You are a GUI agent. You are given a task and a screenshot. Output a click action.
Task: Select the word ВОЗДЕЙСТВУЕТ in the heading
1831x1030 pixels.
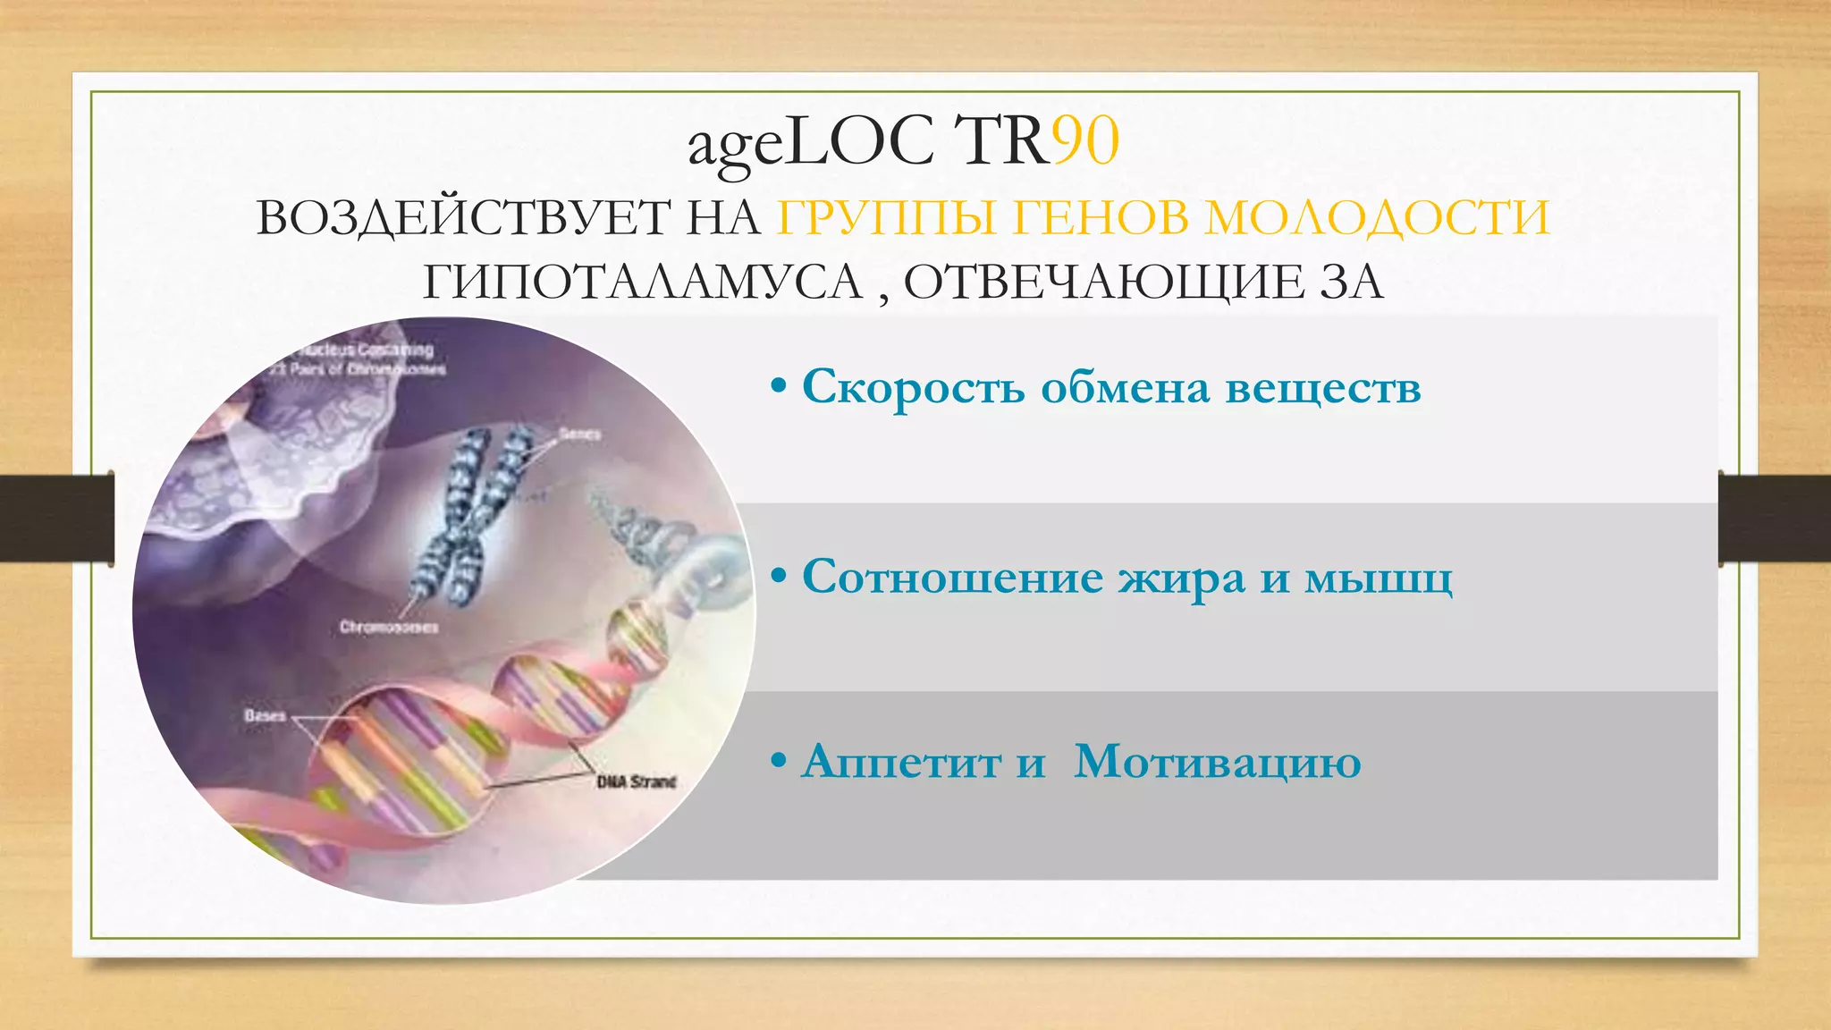463,217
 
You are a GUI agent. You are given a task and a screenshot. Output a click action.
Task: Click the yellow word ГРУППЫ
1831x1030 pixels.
886,217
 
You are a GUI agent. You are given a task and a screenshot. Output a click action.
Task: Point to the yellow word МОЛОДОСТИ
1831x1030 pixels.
1377,217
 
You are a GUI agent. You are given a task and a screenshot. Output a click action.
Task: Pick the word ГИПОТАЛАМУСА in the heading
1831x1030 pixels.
642,282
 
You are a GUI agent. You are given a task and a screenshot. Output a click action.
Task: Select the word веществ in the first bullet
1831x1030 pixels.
1322,388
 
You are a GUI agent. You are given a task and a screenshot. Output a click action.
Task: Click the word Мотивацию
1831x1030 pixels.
1217,763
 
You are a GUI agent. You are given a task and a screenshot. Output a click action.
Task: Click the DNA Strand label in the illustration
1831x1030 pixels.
636,781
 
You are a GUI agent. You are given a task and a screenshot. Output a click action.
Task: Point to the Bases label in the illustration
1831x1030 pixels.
264,715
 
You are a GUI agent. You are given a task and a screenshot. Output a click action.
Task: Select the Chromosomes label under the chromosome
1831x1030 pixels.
389,627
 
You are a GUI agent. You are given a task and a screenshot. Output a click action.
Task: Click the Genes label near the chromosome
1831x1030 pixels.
579,434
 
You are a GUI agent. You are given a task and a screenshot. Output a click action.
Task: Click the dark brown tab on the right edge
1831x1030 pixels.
1774,518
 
